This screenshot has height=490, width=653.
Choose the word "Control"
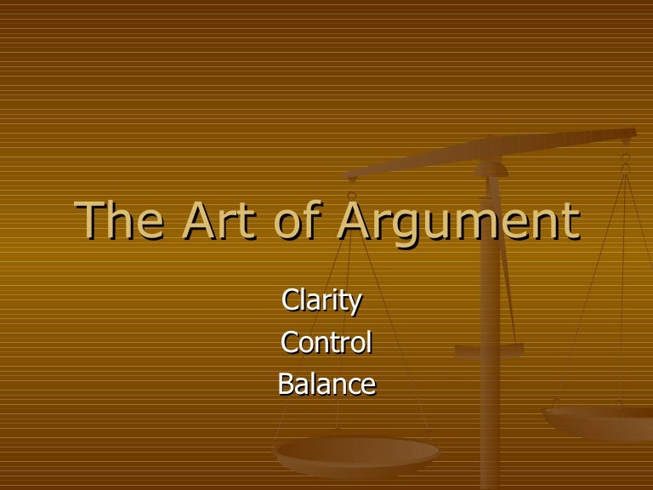click(x=326, y=343)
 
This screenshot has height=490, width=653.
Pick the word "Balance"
click(x=326, y=385)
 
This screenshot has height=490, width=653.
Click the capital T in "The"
click(x=91, y=220)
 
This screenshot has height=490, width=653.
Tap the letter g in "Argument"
click(x=407, y=228)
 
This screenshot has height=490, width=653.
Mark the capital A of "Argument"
click(x=355, y=220)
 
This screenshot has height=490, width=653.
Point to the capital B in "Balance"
click(x=287, y=385)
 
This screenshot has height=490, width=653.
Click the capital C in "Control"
click(x=289, y=343)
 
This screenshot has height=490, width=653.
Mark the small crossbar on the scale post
click(x=489, y=349)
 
